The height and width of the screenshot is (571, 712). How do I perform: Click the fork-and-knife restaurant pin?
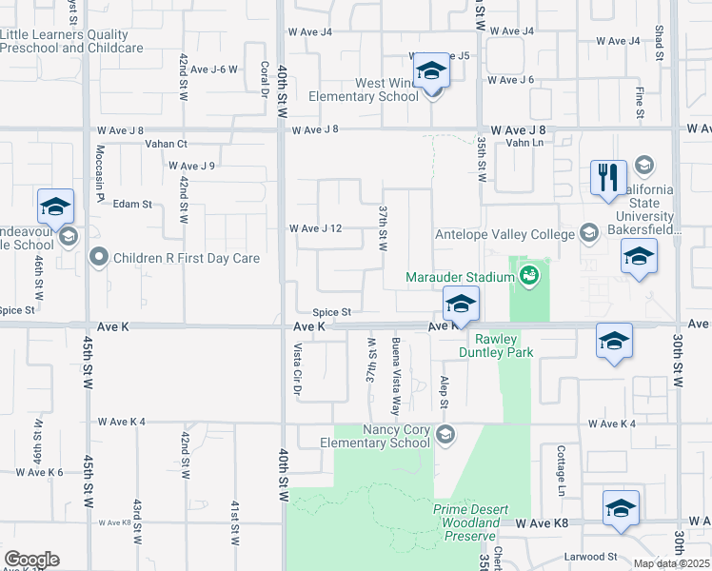(x=608, y=178)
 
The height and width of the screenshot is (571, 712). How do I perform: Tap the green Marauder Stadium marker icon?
(x=530, y=277)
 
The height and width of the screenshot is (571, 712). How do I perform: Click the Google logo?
(x=30, y=560)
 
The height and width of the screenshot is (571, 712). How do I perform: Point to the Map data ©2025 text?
(x=672, y=563)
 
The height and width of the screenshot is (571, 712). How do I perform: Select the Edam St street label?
(x=132, y=204)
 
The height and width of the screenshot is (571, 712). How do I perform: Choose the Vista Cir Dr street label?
(x=297, y=369)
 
